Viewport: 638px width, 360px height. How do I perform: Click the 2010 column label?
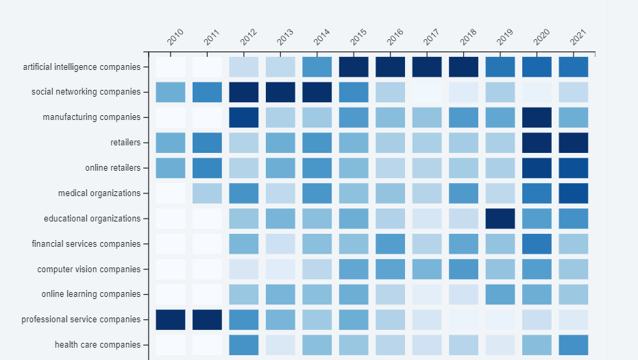click(x=175, y=38)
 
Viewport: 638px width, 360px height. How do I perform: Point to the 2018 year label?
click(x=468, y=38)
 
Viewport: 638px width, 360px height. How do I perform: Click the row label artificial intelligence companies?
click(x=82, y=67)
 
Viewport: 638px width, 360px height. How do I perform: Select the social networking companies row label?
click(x=86, y=92)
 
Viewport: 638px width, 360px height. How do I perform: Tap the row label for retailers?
click(x=125, y=143)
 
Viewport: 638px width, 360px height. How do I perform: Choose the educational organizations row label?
click(x=92, y=219)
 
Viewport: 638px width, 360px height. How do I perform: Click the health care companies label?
click(x=97, y=345)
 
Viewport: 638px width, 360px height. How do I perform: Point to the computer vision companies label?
click(x=88, y=269)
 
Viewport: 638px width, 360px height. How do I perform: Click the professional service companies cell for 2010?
click(x=171, y=320)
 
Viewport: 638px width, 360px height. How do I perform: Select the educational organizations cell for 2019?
click(x=500, y=219)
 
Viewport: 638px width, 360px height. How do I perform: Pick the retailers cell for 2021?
click(x=574, y=143)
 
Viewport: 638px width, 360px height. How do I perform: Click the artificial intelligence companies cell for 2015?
click(x=354, y=67)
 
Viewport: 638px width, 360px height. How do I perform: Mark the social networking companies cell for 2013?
click(x=280, y=92)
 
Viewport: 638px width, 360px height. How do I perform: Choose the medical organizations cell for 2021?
click(x=574, y=193)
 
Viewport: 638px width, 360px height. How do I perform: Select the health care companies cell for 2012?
click(x=244, y=345)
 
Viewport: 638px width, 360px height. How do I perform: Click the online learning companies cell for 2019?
click(x=500, y=294)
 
